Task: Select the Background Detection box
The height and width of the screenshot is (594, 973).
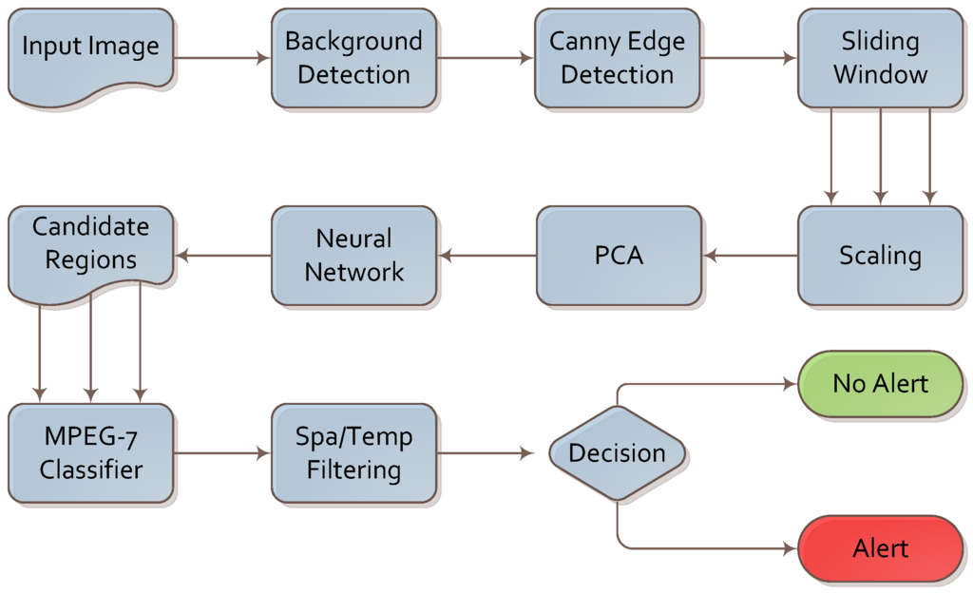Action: coord(353,58)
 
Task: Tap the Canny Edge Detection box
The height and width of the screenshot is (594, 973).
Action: coord(617,58)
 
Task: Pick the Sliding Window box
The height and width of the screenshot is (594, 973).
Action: coord(880,58)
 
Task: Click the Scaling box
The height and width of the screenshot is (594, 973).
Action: coord(880,256)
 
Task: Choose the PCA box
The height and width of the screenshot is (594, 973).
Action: coord(619,256)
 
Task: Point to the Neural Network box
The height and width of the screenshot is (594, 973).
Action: coord(353,256)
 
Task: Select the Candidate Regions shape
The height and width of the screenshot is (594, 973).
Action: coord(90,247)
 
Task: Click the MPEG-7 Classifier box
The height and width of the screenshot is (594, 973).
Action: coord(91,453)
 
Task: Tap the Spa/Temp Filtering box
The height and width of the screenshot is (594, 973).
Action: coord(353,453)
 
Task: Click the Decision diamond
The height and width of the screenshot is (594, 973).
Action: coord(618,453)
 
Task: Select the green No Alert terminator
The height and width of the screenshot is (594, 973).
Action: coord(880,384)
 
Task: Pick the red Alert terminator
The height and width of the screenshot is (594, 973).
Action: coord(880,548)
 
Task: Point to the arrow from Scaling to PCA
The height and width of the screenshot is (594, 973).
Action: coord(750,256)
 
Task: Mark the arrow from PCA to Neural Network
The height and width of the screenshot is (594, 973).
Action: coord(486,256)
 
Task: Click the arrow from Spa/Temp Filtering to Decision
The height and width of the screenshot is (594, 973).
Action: coord(485,453)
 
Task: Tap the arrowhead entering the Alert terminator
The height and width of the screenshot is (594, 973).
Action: coord(789,548)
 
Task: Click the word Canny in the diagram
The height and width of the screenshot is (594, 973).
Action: coord(581,42)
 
